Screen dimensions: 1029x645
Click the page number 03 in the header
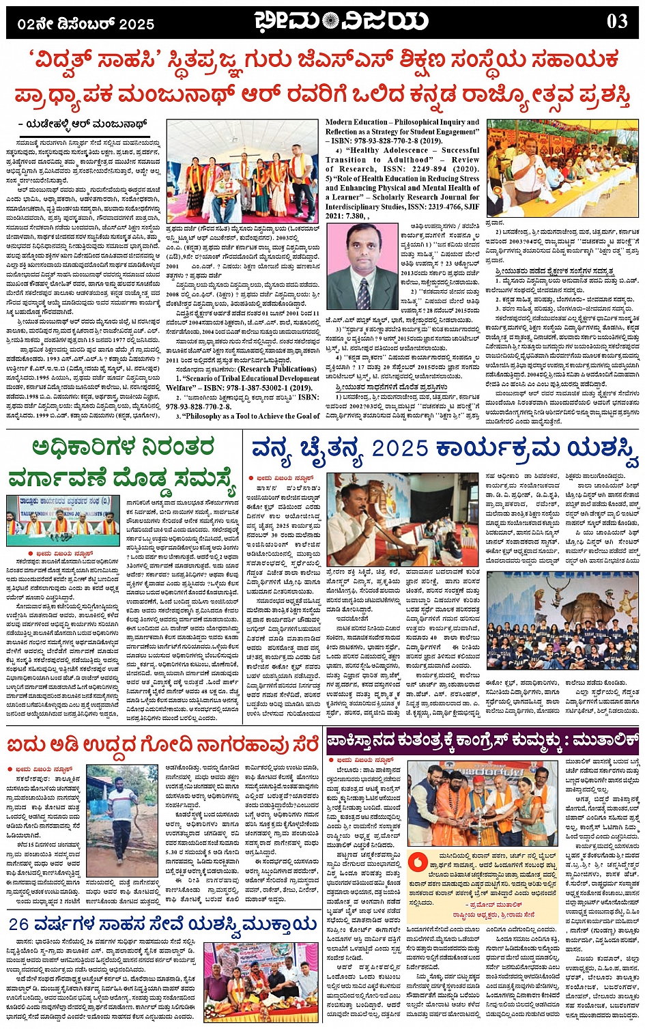point(616,21)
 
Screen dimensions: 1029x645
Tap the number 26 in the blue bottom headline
point(19,924)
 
